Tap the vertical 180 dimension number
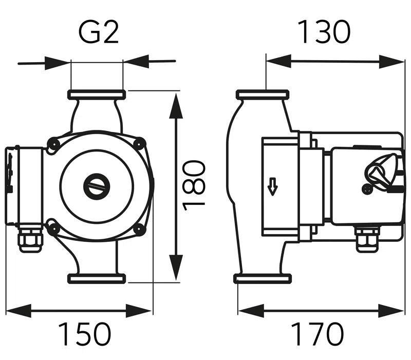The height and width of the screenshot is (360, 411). [x=195, y=183]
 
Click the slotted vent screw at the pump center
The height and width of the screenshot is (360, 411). [x=97, y=186]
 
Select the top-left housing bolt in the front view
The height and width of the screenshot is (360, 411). [x=52, y=144]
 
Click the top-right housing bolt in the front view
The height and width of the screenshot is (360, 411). [x=139, y=144]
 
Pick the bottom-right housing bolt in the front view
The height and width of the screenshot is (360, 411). [x=139, y=229]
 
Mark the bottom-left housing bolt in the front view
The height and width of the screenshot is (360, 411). [x=52, y=226]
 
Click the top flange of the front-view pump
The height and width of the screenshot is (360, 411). [x=97, y=95]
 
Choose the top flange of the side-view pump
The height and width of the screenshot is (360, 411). [x=262, y=95]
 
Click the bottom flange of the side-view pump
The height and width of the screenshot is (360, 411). [x=262, y=279]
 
